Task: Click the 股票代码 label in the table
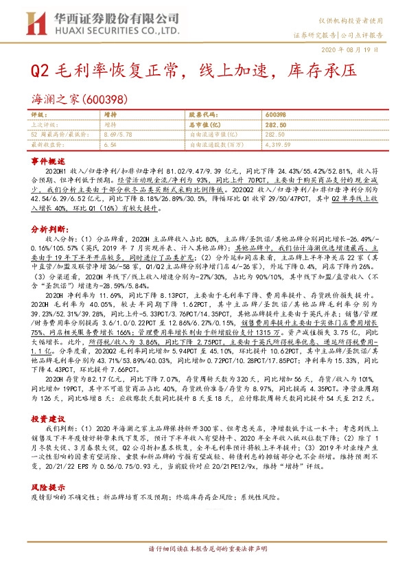(202, 114)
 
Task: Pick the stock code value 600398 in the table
(275, 114)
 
